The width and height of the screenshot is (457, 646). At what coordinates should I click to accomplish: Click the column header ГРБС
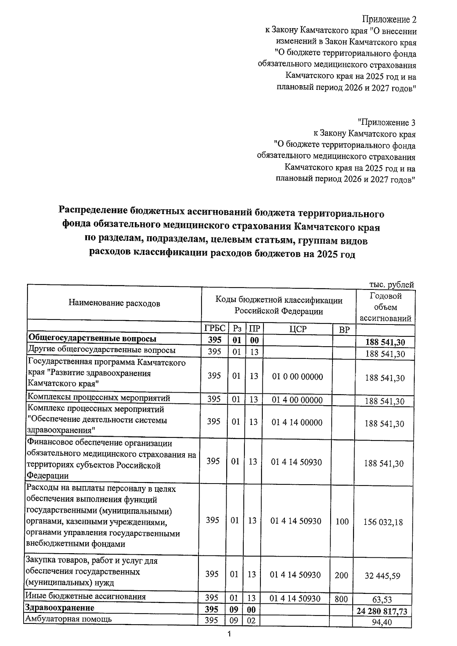click(x=215, y=329)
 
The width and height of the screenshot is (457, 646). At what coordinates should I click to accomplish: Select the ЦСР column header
click(x=297, y=329)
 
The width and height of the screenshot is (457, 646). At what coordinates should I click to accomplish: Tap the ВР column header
click(x=344, y=330)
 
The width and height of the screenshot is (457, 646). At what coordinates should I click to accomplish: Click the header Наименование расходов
click(x=114, y=303)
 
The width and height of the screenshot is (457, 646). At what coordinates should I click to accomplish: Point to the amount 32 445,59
click(x=383, y=576)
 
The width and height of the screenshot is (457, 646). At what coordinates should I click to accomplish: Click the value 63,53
click(x=382, y=600)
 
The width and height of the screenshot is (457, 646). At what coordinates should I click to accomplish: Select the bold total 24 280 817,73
click(x=382, y=611)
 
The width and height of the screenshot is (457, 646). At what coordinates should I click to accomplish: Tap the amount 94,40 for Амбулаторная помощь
click(x=382, y=622)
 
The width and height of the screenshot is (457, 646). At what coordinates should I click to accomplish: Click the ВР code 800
click(x=341, y=599)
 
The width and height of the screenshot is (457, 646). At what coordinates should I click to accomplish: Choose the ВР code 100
click(x=342, y=521)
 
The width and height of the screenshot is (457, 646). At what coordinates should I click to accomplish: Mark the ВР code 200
click(x=342, y=575)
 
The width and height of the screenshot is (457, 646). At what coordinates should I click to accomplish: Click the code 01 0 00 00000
click(x=297, y=377)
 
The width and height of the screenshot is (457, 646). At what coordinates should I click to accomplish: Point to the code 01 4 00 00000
click(x=297, y=400)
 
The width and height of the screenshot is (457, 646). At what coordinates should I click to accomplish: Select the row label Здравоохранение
click(x=59, y=608)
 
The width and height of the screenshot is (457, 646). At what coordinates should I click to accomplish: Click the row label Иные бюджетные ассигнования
click(x=85, y=596)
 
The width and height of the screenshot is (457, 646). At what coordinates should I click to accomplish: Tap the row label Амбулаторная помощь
click(x=69, y=619)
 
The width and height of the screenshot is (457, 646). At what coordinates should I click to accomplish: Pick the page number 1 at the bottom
click(x=229, y=634)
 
